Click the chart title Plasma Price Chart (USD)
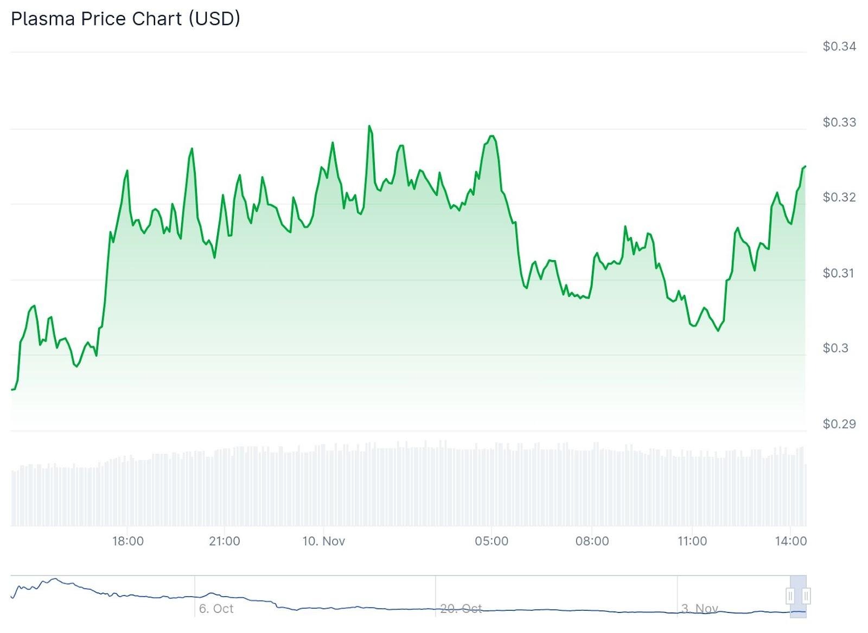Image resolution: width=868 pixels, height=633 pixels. click(x=125, y=19)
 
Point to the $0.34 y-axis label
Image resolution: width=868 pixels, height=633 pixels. click(x=839, y=47)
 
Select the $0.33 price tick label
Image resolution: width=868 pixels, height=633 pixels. click(x=839, y=122)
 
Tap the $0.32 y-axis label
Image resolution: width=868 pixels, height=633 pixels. click(x=839, y=197)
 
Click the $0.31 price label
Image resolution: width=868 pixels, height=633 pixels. click(x=839, y=273)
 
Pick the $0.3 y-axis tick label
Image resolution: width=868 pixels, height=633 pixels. click(x=835, y=348)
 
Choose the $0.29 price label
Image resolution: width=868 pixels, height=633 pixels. click(x=839, y=424)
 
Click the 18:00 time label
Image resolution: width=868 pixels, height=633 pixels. click(x=127, y=541)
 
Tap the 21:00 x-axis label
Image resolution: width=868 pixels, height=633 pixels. click(x=224, y=541)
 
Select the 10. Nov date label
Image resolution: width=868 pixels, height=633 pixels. click(x=323, y=541)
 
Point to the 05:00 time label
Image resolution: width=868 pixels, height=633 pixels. click(x=492, y=541)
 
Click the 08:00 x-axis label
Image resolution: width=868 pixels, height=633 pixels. click(x=592, y=541)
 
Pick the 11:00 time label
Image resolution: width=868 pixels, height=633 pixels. click(x=692, y=541)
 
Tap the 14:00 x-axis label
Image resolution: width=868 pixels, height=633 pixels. click(x=791, y=541)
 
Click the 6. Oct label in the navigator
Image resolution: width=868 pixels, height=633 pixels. click(x=216, y=609)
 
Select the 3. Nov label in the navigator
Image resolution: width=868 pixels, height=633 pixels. click(x=700, y=609)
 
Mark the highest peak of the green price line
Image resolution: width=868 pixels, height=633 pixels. click(x=369, y=126)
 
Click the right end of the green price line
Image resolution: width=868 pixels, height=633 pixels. click(x=805, y=166)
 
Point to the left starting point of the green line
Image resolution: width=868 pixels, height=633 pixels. click(x=12, y=389)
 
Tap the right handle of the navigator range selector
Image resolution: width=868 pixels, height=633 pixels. click(x=806, y=596)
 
